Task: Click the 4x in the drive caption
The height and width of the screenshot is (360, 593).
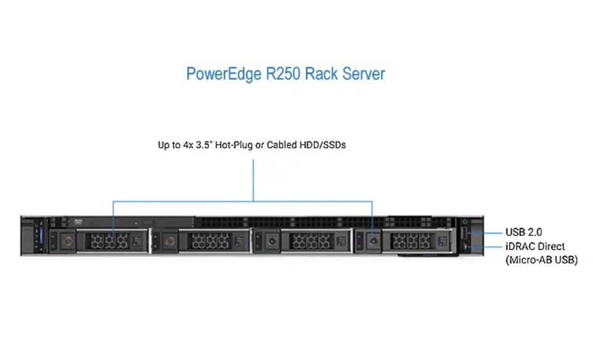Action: [187, 146]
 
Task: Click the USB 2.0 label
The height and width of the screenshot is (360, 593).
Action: [523, 232]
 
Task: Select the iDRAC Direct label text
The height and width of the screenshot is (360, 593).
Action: [534, 246]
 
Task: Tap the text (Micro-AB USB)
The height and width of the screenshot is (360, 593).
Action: [541, 260]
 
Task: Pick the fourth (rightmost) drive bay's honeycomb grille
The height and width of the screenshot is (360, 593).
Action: [408, 240]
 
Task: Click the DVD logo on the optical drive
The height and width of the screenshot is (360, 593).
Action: [78, 221]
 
